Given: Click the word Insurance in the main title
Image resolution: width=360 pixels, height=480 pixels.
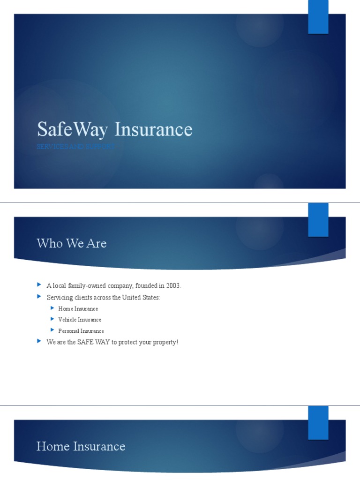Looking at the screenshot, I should point(153,130).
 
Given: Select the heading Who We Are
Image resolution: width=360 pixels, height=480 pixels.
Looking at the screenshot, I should point(72,243).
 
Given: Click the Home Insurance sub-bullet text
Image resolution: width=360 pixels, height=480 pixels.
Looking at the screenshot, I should point(78,309).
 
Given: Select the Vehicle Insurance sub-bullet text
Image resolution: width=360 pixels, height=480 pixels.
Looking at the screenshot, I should point(80,320).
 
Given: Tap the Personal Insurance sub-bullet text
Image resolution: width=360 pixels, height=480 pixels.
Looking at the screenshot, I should point(81,331).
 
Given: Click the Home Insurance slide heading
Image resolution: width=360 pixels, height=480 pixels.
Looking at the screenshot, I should point(81,446).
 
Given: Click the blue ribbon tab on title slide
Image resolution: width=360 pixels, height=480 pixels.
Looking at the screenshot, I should point(318,17).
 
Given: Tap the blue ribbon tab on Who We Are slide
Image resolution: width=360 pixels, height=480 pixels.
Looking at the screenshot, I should point(318,219).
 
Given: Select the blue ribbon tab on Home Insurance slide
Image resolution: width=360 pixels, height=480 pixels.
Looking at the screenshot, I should point(318,422).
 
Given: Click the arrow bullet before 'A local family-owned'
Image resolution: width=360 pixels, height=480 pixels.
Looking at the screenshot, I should point(39,285).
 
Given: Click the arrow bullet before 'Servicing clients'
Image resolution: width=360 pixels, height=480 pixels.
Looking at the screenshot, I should point(39,297).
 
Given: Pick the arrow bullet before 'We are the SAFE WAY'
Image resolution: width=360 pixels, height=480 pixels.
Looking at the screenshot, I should point(39,342).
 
